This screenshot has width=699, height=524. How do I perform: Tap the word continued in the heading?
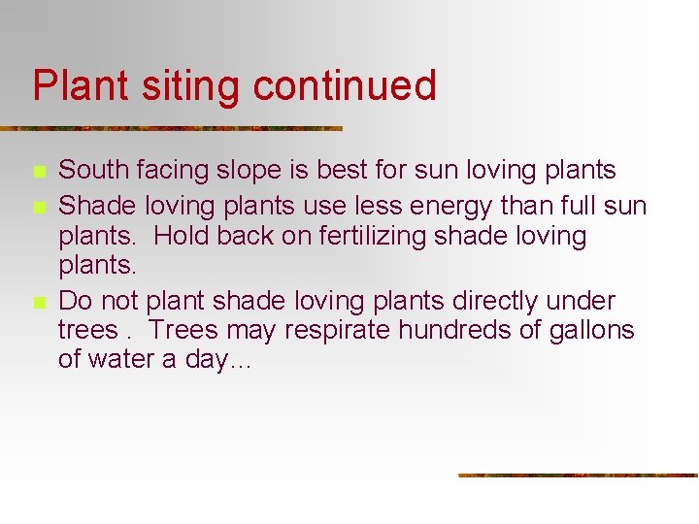(345, 85)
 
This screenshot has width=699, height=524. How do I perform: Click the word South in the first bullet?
(94, 171)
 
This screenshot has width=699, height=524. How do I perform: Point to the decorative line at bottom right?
(577, 475)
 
